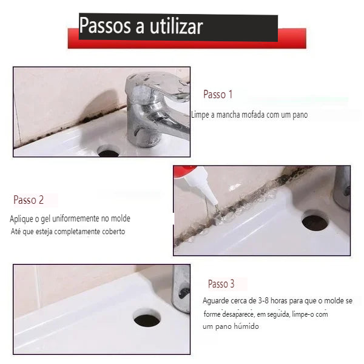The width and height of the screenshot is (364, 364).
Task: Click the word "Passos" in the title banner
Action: (x=105, y=25)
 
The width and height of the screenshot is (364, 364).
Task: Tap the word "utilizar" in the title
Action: (x=177, y=26)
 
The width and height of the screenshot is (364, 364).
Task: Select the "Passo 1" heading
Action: (x=218, y=95)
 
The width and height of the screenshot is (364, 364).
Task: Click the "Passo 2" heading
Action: (x=29, y=200)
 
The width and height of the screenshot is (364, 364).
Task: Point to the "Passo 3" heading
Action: (x=221, y=284)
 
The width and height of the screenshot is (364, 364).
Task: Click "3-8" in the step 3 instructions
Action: (x=263, y=301)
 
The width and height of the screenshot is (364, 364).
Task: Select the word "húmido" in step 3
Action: (x=246, y=326)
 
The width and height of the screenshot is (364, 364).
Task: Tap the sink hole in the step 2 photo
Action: (x=315, y=223)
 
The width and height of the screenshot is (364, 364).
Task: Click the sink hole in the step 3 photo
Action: (x=147, y=320)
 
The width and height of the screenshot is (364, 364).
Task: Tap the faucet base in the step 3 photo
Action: (x=181, y=289)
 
